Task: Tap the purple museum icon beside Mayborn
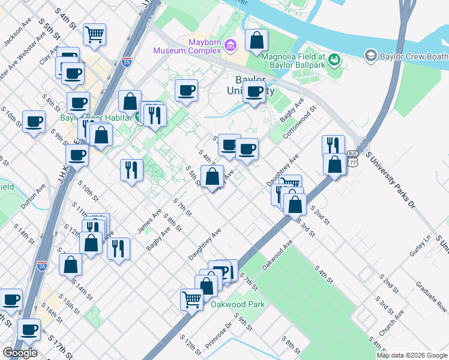pos(233,45)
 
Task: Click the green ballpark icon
pos(334,59)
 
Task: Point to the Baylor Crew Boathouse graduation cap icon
pos(370,56)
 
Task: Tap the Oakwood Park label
pos(238,304)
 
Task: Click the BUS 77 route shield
pos(352,158)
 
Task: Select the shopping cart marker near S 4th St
pos(95,35)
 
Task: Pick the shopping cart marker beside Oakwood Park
pos(191,299)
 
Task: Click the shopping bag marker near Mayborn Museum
pos(257,41)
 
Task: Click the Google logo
pos(20,353)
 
